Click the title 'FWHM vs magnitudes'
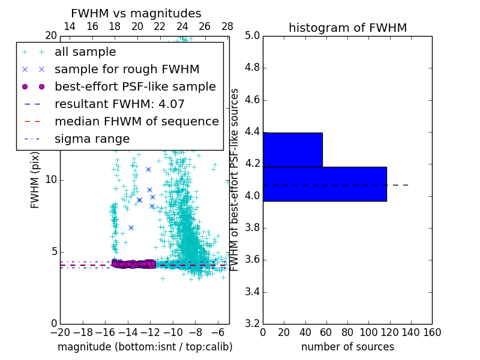pos(136,14)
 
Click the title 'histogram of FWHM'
pos(347,28)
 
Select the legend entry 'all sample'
pos(85,52)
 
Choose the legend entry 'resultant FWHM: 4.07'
pos(119,104)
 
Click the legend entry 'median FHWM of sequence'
pos(136,121)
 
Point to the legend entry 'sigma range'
pos(92,139)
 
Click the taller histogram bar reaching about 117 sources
pos(325,184)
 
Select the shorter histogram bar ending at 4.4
pos(293,149)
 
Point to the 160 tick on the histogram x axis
pos(432,332)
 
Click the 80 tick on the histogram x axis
pos(347,332)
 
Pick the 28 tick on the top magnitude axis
pos(227,26)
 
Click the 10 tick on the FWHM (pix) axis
pos(51,179)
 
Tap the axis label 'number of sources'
pos(347,347)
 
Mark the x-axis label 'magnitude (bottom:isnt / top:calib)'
pos(145,347)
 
